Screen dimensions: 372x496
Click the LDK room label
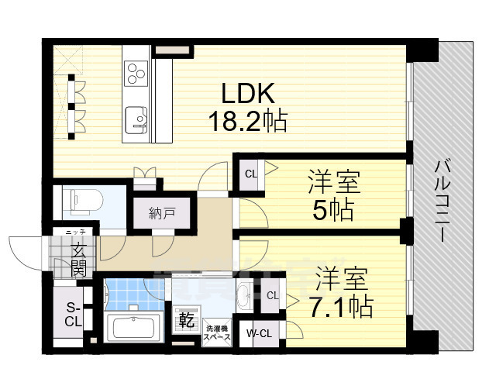click(x=248, y=95)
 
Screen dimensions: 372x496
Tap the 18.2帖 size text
click(x=247, y=121)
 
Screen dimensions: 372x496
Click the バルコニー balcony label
click(x=443, y=199)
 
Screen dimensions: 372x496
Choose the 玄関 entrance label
click(x=79, y=259)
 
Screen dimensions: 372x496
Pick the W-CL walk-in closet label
click(x=258, y=334)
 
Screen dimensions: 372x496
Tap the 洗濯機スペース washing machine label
click(x=216, y=333)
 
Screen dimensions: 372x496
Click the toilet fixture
click(x=80, y=200)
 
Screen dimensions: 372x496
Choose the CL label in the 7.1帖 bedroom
click(x=272, y=295)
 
